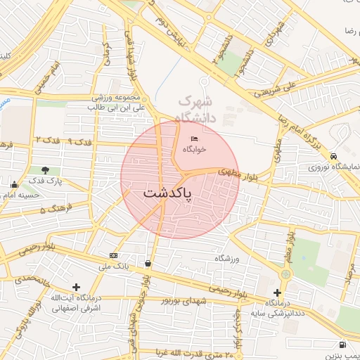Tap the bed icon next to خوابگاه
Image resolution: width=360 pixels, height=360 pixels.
[194, 138]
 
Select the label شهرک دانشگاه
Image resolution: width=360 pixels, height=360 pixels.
[204, 108]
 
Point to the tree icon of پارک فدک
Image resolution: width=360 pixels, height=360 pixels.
[46, 170]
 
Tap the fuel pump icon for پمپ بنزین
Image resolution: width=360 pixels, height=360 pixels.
[342, 345]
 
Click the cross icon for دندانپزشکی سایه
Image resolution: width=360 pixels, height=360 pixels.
[277, 292]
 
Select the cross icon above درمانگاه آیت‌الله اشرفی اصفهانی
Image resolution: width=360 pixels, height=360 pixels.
[76, 287]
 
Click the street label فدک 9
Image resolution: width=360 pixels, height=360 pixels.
[79, 143]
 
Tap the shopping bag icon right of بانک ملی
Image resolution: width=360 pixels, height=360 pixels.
[148, 264]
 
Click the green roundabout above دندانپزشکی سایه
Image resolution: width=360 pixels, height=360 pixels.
[285, 274]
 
